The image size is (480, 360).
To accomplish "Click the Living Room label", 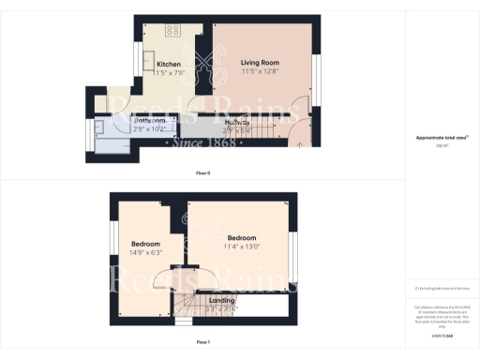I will pos(261,62).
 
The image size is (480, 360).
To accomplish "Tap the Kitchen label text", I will pos(155,64).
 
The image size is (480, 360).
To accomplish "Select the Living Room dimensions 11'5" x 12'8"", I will pos(261,71).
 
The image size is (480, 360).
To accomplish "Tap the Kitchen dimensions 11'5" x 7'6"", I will pos(155,72).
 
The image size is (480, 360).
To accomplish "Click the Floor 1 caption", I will pos(202,342).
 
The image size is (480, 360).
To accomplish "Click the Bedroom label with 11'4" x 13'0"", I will pos(241,238).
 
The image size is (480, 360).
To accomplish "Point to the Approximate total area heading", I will pos(441,138).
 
